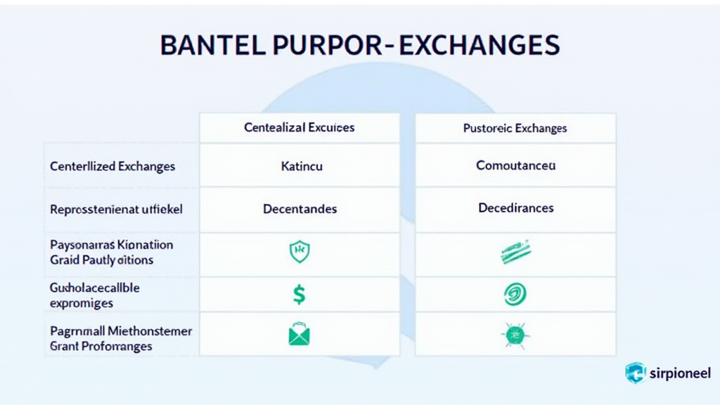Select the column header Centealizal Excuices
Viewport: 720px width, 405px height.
[x=300, y=127]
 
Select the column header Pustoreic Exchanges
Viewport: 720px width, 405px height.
[x=515, y=128]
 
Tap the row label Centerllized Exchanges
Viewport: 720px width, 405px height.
[x=112, y=167]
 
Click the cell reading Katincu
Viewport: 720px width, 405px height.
[x=300, y=167]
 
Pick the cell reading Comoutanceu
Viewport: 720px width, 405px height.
[x=515, y=166]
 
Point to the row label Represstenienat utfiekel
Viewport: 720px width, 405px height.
[x=112, y=209]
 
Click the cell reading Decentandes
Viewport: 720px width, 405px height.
[x=300, y=209]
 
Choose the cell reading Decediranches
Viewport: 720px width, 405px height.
[x=515, y=208]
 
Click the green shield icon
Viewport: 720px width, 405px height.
[x=300, y=252]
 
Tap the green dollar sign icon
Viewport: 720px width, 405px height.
[x=299, y=294]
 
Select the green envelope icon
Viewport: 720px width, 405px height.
[x=299, y=334]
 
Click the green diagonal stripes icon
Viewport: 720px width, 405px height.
[x=515, y=252]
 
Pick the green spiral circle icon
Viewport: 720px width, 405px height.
[x=515, y=294]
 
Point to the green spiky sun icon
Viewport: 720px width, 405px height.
[x=515, y=335]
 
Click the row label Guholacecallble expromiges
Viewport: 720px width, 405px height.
[x=94, y=296]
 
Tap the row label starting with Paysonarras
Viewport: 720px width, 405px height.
[x=111, y=252]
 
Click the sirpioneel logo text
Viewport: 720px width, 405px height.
[x=679, y=373]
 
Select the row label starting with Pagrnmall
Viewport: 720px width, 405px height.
[x=120, y=338]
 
